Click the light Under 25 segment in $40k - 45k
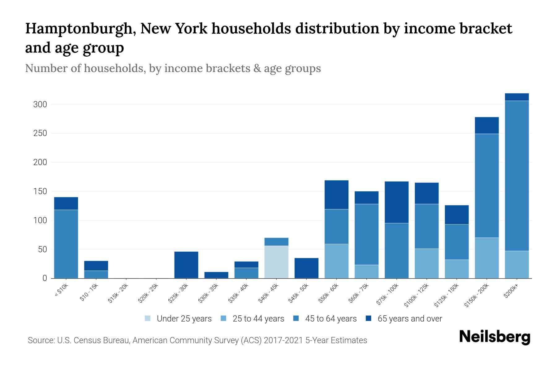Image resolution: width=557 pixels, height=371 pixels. pos(276,262)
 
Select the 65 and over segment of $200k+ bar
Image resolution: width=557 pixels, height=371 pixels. pos(516,97)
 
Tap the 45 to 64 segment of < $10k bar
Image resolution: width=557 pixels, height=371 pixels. pos(66,244)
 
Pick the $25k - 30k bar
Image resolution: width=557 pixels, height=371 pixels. pos(186,265)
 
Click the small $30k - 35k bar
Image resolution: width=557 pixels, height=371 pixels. pos(216,275)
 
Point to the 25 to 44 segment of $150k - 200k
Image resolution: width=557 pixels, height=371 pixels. pos(486,258)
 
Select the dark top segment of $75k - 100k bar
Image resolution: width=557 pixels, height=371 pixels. pos(396,202)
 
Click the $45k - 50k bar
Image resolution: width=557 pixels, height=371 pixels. pos(306,268)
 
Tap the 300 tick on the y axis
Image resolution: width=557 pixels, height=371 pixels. pos(40,104)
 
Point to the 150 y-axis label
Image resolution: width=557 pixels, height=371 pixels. pos(40,191)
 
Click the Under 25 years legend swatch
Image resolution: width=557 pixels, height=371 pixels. pos(148,318)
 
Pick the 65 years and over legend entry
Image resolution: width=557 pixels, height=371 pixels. pos(409,318)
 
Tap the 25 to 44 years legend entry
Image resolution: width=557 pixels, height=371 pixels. pos(258,318)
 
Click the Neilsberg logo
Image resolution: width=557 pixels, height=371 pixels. pos(494,337)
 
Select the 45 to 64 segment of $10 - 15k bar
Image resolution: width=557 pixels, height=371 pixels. pos(96,274)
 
